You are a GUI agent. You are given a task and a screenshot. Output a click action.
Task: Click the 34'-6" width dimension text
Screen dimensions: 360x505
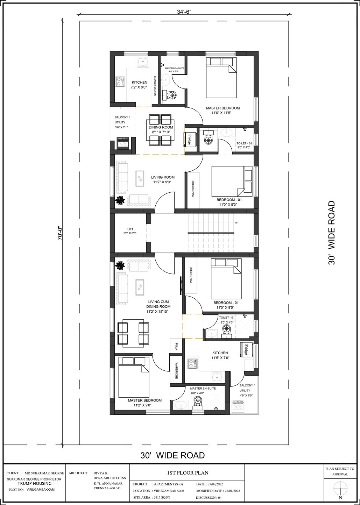pos(184,12)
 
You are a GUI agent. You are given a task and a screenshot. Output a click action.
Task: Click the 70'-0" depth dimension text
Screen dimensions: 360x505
pos(60,233)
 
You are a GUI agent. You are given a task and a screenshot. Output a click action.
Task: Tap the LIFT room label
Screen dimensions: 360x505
pos(130,229)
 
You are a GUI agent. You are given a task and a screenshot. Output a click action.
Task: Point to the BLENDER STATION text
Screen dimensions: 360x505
pos(155,86)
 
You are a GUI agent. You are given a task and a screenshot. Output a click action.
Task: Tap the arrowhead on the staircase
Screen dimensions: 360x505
pos(237,223)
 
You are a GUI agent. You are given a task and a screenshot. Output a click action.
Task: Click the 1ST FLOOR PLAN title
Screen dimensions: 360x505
pos(188,472)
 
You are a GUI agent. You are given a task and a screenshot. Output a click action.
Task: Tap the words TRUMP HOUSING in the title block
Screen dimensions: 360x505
pos(35,483)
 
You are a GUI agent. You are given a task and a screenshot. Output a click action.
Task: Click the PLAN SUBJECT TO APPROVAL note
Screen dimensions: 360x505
pos(340,472)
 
